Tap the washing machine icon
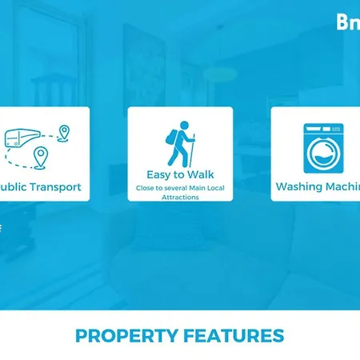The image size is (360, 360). (322, 148)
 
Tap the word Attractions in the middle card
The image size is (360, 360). (180, 196)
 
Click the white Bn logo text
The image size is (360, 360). (349, 22)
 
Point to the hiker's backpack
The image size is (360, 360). (172, 139)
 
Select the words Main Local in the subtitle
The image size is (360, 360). (206, 189)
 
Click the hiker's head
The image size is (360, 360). (184, 125)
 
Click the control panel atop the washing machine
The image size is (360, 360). (323, 128)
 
